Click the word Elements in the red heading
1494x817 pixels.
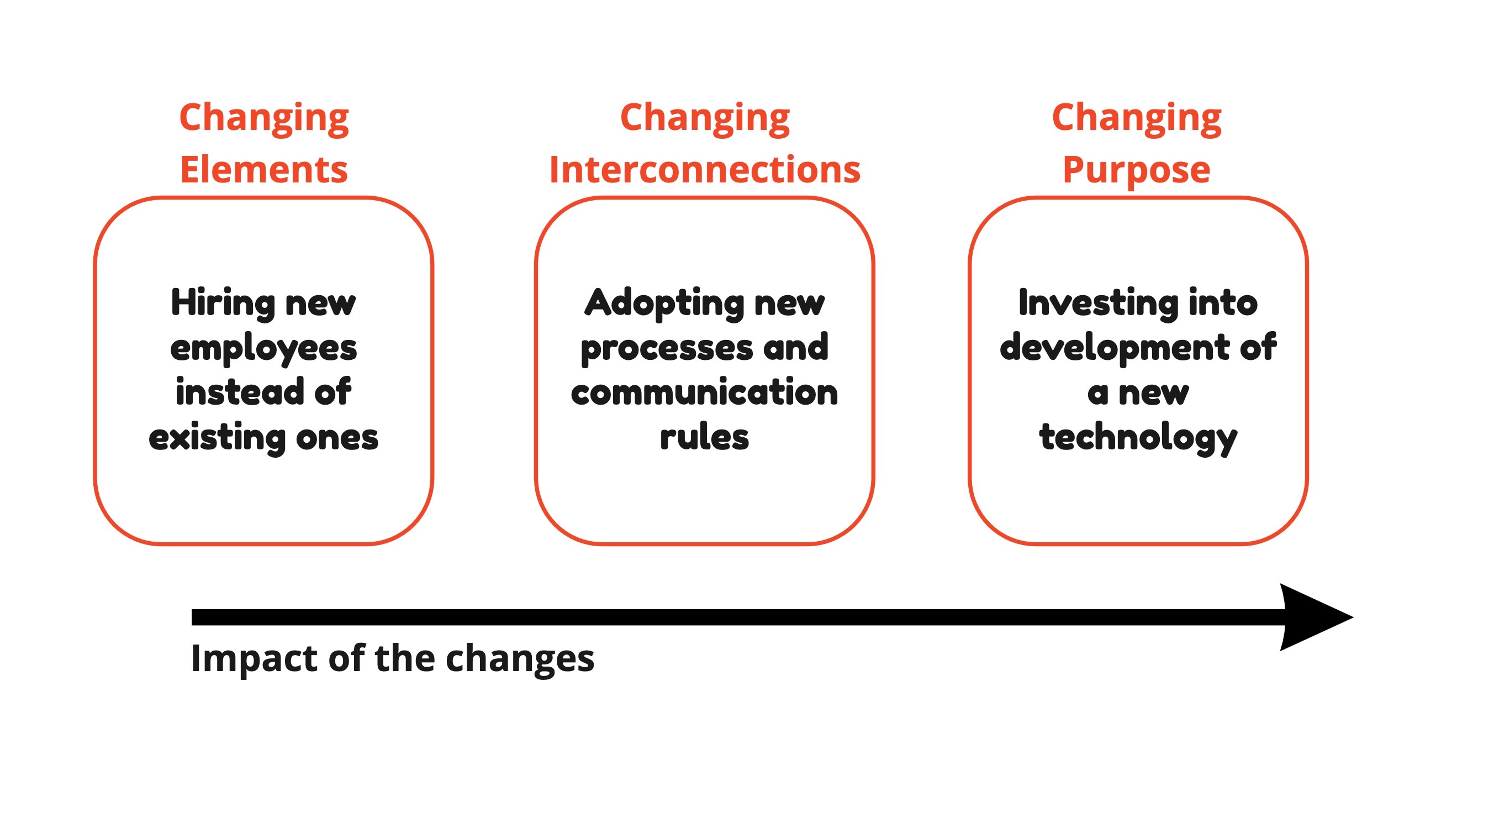click(x=264, y=170)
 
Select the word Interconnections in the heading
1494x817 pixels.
click(x=705, y=170)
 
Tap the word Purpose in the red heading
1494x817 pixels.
click(x=1136, y=171)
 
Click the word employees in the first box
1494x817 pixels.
click(x=263, y=349)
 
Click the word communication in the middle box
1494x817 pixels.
click(x=705, y=393)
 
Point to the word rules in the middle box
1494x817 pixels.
click(x=705, y=436)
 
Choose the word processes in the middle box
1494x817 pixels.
click(x=667, y=349)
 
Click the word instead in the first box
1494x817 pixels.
click(x=240, y=392)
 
